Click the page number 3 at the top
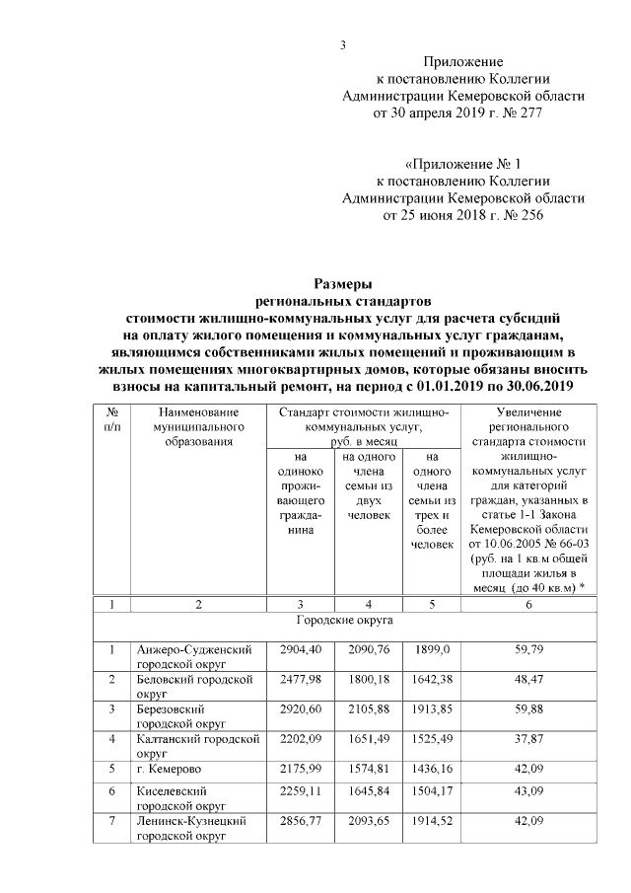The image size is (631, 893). pyautogui.click(x=342, y=44)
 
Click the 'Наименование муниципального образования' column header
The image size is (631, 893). pyautogui.click(x=198, y=426)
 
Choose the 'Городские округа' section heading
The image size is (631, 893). pyautogui.click(x=345, y=623)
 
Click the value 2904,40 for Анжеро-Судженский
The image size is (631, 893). pyautogui.click(x=296, y=649)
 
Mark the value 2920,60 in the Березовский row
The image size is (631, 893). pyautogui.click(x=296, y=709)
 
